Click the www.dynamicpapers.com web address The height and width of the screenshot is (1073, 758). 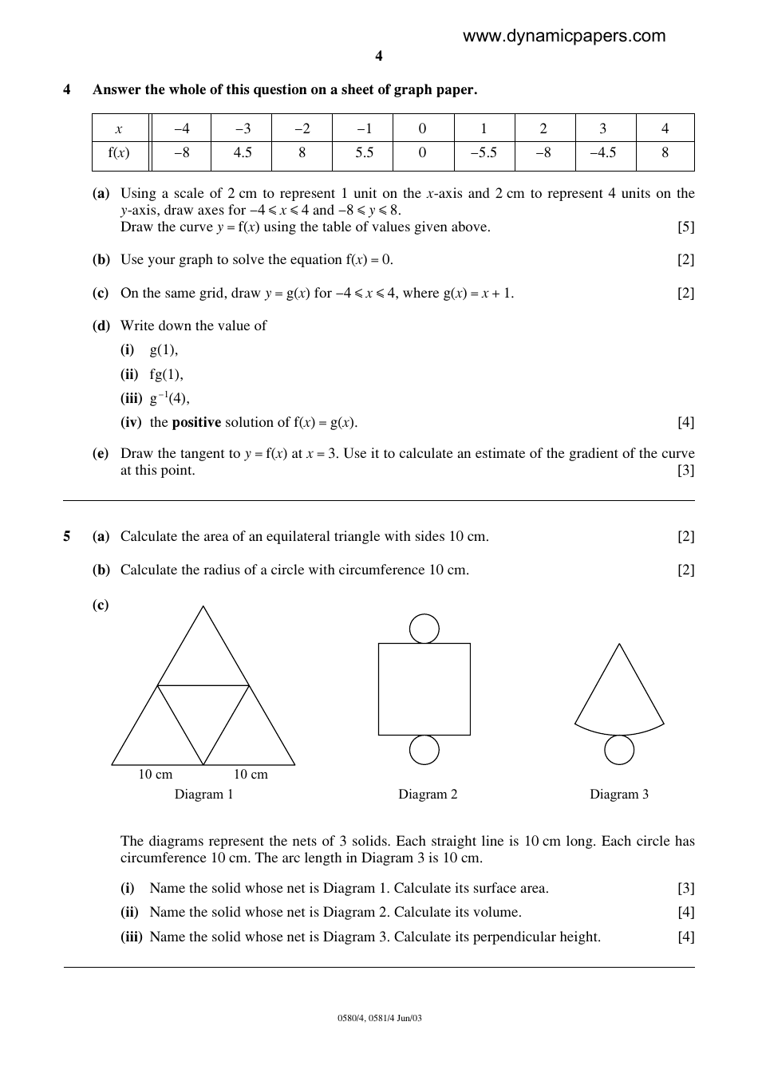563,36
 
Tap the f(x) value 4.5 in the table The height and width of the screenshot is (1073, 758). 243,152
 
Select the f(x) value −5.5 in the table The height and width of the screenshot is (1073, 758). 484,152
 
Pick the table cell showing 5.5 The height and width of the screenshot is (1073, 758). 364,152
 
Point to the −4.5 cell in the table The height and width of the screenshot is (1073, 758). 603,152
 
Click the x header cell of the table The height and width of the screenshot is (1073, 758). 119,128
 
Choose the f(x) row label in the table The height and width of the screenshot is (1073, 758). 119,152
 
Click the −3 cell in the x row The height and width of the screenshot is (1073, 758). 243,128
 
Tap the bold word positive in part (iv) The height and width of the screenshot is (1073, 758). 196,422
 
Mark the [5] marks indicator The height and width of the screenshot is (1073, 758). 685,227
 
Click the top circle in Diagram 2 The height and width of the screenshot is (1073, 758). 424,629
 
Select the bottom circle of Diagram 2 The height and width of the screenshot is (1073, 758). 424,750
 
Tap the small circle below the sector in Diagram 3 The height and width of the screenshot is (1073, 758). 619,750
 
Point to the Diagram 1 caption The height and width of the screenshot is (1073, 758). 204,794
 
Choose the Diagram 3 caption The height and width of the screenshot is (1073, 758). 619,794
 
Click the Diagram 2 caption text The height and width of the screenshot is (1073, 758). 428,794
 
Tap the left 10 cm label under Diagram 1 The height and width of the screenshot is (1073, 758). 156,774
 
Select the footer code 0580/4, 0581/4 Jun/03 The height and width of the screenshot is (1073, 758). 379,1018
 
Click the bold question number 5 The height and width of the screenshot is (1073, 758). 67,536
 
